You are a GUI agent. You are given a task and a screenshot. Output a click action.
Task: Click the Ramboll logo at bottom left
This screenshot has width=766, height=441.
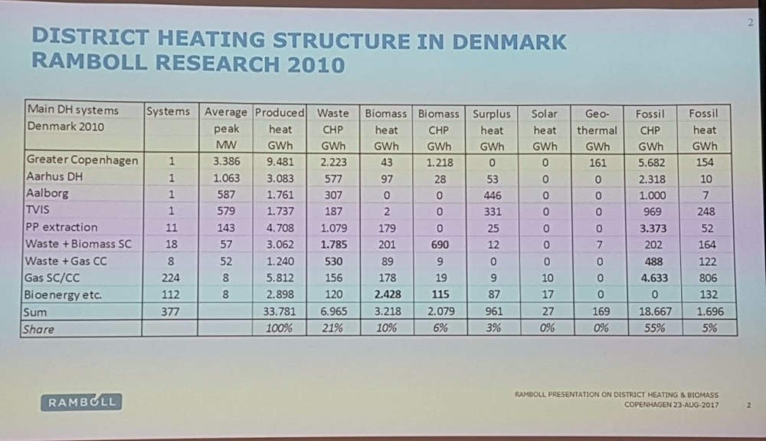tap(80, 402)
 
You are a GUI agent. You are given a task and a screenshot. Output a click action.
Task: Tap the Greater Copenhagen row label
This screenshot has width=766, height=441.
tap(83, 161)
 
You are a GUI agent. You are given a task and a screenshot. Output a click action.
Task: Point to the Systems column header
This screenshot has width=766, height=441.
tap(168, 112)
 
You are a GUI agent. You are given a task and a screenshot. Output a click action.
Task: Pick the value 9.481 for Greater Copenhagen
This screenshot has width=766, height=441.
tap(280, 162)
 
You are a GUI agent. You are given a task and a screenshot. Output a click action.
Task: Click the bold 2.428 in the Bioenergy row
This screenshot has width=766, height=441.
tap(387, 295)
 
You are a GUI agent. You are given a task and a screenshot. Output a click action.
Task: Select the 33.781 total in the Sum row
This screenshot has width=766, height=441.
tap(280, 311)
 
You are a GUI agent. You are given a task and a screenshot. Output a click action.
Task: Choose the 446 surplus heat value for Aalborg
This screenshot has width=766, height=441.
tap(492, 195)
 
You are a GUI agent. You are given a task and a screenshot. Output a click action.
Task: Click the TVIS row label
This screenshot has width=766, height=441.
tap(40, 211)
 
